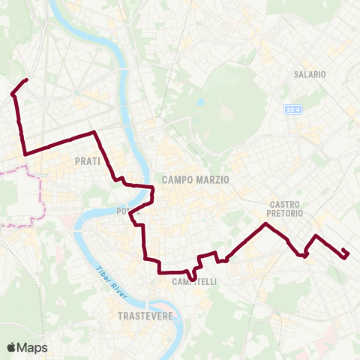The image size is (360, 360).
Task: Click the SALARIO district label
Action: pyautogui.click(x=310, y=75)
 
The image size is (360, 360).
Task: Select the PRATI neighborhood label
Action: pyautogui.click(x=88, y=161)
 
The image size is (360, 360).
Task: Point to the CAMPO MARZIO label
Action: pyautogui.click(x=195, y=180)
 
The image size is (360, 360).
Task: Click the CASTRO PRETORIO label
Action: pyautogui.click(x=285, y=208)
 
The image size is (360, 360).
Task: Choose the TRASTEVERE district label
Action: pyautogui.click(x=145, y=316)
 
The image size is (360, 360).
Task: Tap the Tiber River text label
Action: pyautogui.click(x=109, y=280)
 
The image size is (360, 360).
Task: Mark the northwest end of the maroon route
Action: pyautogui.click(x=27, y=79)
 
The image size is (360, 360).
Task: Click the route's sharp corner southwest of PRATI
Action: pyautogui.click(x=26, y=154)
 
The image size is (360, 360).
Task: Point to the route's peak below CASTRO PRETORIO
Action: pyautogui.click(x=265, y=224)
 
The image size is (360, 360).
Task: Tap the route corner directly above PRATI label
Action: pyautogui.click(x=93, y=133)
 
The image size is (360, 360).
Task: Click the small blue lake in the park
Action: pyautogui.click(x=200, y=102)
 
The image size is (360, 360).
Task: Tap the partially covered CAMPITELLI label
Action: pyautogui.click(x=194, y=282)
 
